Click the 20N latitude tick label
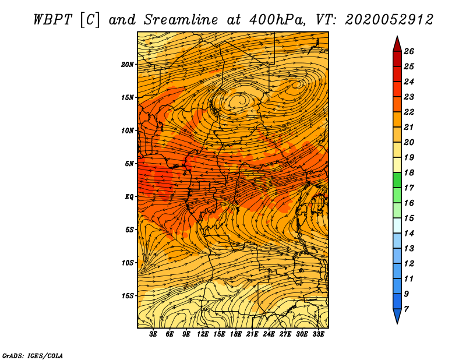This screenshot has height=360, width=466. (128, 65)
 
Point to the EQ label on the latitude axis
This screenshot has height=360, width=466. (129, 197)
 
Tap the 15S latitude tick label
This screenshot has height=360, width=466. (128, 296)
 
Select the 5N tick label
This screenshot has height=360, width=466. (129, 164)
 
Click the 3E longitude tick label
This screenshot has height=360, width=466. (153, 334)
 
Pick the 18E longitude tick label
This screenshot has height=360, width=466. (236, 334)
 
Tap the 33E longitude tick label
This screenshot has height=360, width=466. (318, 334)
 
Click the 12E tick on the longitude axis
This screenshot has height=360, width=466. (203, 334)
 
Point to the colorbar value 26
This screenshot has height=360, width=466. (409, 51)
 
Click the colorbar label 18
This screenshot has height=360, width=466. (409, 172)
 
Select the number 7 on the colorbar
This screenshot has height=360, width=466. (406, 309)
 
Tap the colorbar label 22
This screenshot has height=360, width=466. (409, 112)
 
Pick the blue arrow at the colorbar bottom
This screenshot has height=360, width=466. (397, 315)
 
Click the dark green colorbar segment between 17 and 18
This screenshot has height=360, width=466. (397, 180)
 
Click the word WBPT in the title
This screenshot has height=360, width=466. (53, 20)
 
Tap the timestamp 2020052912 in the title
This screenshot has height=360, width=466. (389, 20)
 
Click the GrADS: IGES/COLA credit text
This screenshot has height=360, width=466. (33, 356)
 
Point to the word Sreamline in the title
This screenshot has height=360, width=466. (181, 20)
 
